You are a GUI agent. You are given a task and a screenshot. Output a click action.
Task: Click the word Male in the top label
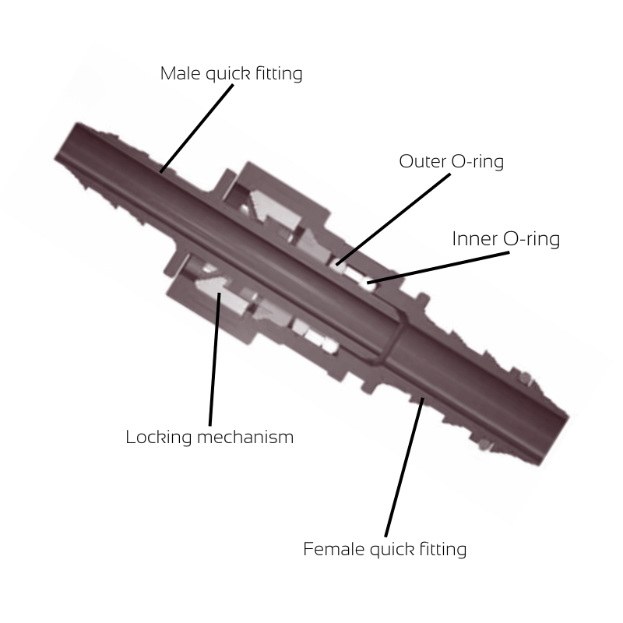click(x=178, y=73)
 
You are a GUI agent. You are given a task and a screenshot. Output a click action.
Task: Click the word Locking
click(x=158, y=437)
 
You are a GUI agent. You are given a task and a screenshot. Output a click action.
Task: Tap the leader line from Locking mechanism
click(x=214, y=358)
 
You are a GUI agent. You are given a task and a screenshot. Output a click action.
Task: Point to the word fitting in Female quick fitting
click(x=440, y=549)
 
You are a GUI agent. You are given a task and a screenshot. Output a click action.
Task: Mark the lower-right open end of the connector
click(x=554, y=436)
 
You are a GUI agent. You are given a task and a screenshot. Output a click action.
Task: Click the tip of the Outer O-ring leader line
click(x=337, y=265)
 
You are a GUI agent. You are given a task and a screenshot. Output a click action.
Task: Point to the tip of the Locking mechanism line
click(x=219, y=294)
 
